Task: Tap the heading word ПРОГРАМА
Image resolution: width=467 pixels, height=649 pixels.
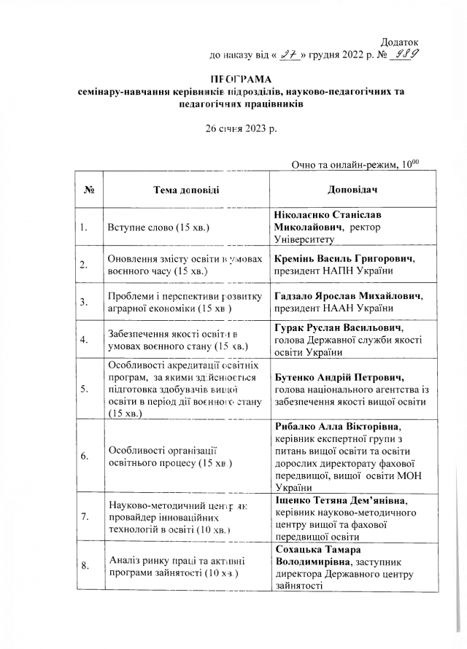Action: pos(241,79)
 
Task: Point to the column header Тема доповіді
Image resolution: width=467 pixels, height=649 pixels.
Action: pos(185,190)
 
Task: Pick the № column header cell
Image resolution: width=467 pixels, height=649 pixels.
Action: pos(91,190)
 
